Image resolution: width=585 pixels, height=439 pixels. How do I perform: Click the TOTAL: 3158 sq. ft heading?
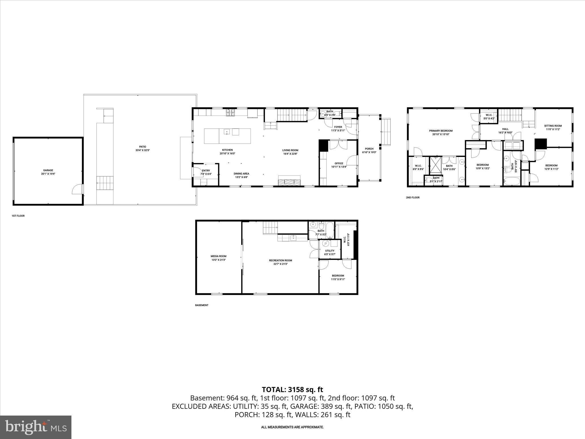292,390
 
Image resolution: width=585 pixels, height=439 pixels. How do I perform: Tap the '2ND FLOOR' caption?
413,197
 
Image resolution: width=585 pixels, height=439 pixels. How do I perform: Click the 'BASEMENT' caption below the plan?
202,305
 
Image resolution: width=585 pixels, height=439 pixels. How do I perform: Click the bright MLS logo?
36,427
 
